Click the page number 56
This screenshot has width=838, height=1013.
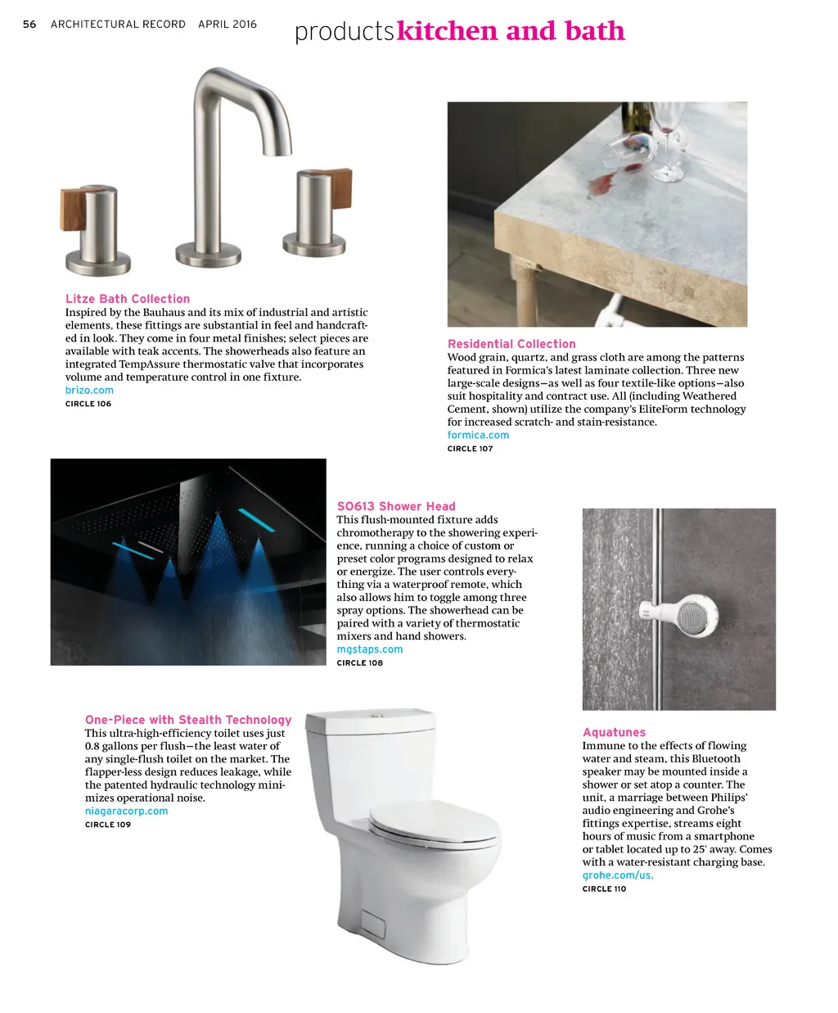[29, 25]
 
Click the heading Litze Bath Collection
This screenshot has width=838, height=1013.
[128, 299]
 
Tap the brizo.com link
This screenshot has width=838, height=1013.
[89, 391]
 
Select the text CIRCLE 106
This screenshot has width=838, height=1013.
[88, 404]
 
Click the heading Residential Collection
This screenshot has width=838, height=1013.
[511, 344]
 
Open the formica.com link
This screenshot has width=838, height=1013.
[478, 436]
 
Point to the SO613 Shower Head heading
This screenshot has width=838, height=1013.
[396, 506]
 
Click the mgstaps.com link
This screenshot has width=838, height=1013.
[370, 649]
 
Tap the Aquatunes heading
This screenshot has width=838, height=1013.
[614, 732]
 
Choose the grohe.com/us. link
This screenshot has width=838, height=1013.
[618, 875]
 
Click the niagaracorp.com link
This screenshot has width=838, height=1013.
[126, 812]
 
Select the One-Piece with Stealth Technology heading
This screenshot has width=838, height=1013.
[188, 720]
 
